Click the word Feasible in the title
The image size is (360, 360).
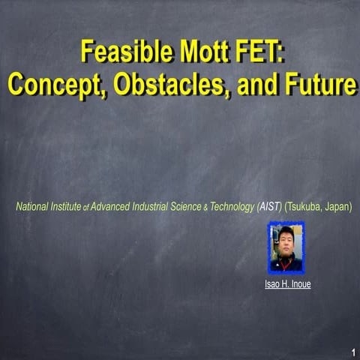click(x=119, y=53)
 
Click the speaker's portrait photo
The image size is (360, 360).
click(x=286, y=247)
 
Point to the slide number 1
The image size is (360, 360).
click(x=352, y=352)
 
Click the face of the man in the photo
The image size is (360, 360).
click(x=286, y=242)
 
